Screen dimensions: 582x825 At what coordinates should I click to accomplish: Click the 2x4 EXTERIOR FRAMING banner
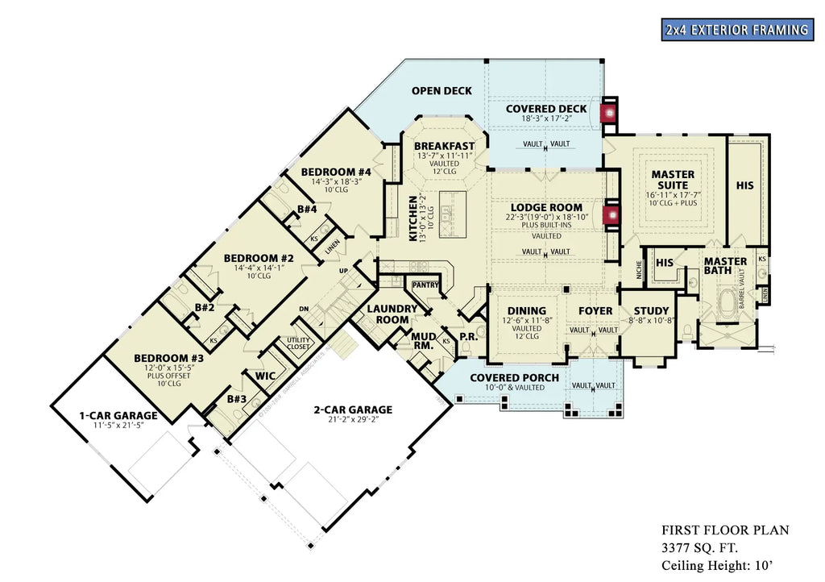tap(736, 31)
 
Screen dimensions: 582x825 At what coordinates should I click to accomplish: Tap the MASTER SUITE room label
tap(673, 180)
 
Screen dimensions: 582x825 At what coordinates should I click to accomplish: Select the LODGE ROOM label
tap(546, 207)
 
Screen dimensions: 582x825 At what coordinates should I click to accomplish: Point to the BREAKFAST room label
tap(445, 146)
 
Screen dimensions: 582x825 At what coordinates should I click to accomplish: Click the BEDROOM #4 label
tap(336, 172)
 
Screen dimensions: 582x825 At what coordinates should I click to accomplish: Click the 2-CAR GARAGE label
tap(353, 409)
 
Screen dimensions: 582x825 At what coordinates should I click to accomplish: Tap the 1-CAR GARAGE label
tap(118, 416)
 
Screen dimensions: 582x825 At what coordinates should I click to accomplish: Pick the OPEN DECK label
tap(442, 90)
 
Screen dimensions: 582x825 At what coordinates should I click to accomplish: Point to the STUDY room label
tap(651, 311)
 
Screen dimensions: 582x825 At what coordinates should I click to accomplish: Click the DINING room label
tap(527, 311)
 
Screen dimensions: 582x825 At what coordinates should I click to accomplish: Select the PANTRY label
tap(425, 285)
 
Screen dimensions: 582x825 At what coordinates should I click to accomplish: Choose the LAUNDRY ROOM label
tap(392, 314)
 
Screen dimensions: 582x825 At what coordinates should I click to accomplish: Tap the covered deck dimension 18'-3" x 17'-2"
tap(546, 119)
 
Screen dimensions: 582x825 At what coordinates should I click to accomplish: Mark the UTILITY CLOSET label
tap(298, 344)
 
